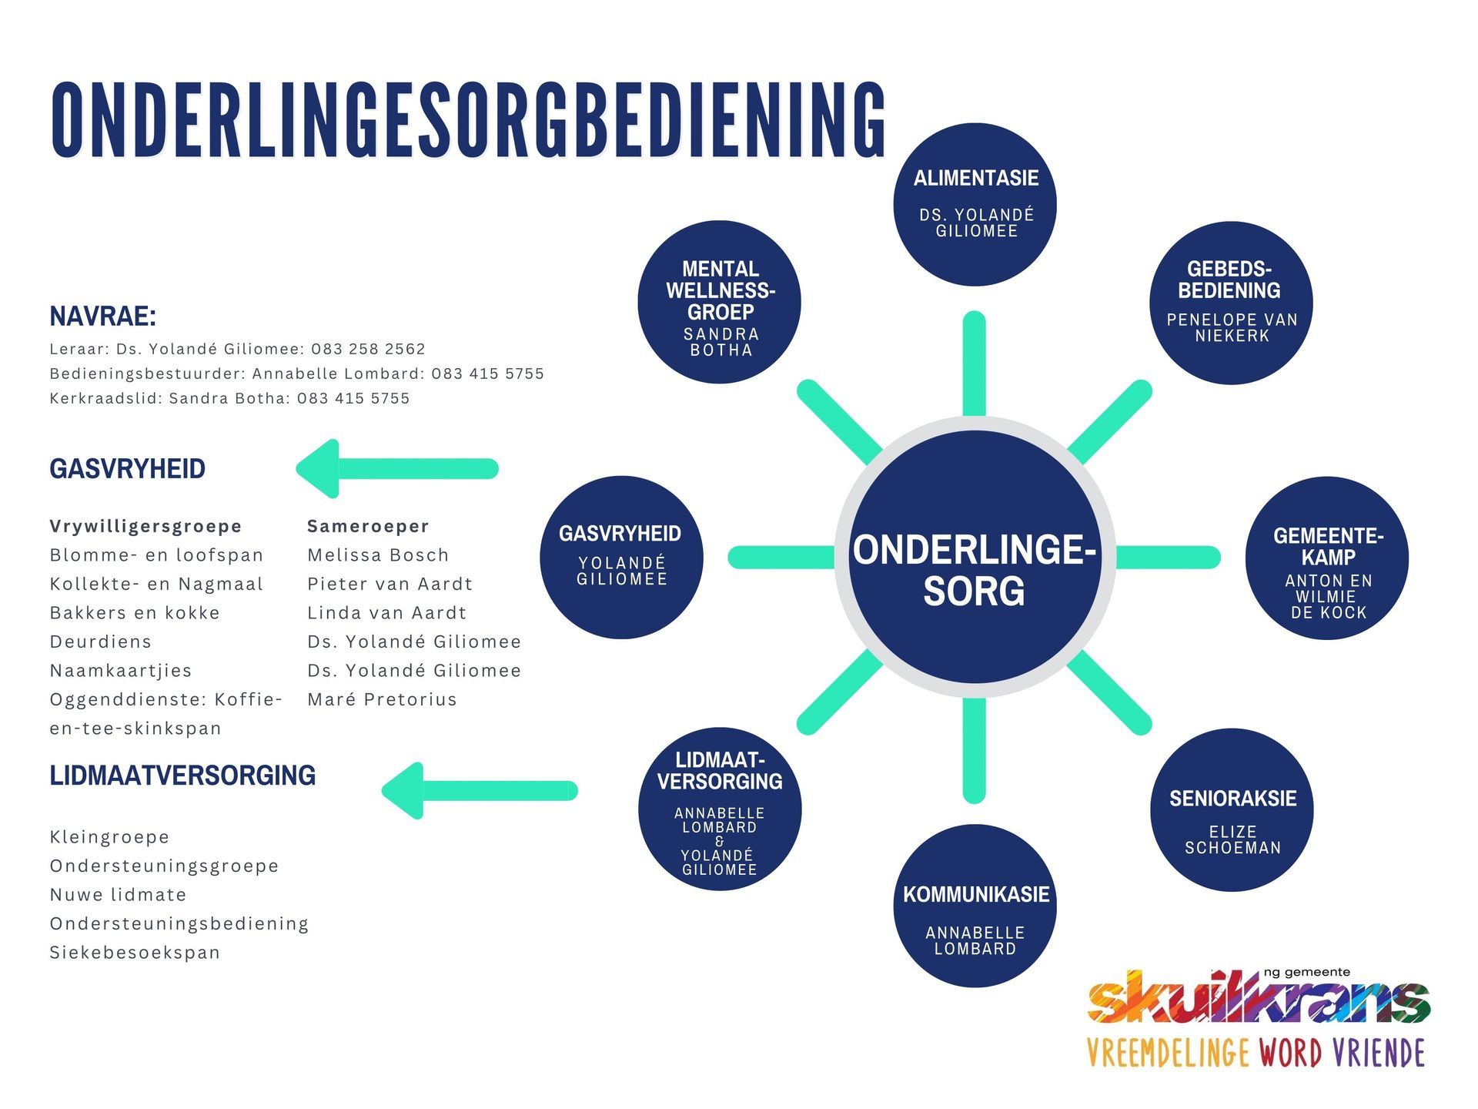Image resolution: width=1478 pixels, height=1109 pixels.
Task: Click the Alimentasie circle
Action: point(975,204)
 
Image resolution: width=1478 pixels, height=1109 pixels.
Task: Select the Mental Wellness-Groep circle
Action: point(719,302)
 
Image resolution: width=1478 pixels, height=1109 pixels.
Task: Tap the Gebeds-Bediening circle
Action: point(1230,302)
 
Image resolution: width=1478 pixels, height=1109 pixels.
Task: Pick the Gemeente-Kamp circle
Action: point(1326,558)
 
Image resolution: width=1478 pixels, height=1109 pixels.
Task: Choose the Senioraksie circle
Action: point(1232,810)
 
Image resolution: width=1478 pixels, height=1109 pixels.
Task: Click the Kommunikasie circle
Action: point(975,906)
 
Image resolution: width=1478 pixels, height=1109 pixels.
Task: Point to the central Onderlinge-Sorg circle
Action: point(975,558)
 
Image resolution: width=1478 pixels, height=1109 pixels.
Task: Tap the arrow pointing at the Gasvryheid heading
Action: point(397,468)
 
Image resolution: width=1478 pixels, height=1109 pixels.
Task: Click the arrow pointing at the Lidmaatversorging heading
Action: point(480,790)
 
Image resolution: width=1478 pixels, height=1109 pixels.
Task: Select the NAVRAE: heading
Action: point(103,317)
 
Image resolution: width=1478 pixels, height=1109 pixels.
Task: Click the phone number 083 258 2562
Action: point(368,349)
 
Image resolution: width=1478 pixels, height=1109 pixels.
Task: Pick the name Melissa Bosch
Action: point(378,555)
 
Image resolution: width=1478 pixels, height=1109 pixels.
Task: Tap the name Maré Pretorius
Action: point(382,699)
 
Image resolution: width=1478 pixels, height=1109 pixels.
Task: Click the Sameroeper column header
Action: point(368,526)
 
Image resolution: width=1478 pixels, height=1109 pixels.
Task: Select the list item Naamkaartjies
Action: point(121,671)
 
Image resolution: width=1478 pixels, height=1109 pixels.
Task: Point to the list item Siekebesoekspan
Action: point(135,953)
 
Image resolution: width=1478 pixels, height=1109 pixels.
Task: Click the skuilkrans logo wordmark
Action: point(1258,999)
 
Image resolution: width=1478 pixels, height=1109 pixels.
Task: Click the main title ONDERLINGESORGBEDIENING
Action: point(468,121)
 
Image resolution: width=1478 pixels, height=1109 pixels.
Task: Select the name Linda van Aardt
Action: point(386,613)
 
